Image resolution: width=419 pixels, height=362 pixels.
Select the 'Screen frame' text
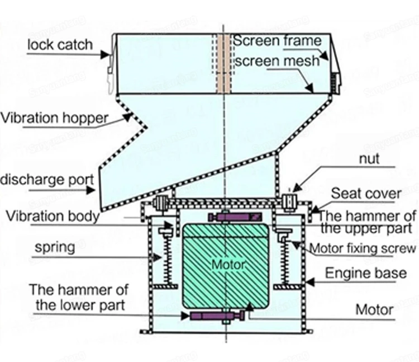277,41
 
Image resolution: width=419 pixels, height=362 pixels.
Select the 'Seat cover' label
366,194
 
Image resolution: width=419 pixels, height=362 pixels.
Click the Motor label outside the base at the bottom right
375,309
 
